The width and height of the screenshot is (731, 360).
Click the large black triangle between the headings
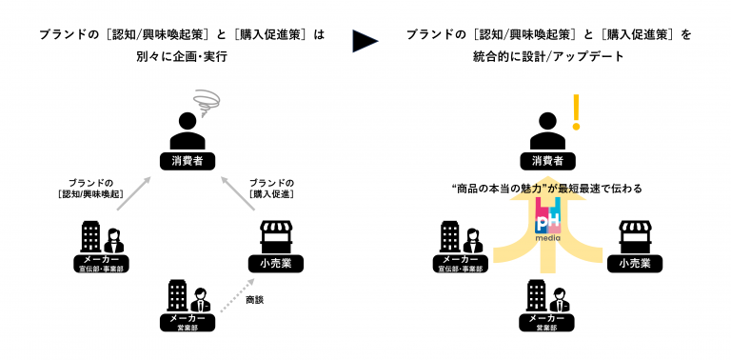coord(365,40)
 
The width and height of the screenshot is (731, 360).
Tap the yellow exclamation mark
coord(575,112)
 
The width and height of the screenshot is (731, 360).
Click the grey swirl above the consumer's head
coord(204,100)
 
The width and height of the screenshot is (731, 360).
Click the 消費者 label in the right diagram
coord(547,160)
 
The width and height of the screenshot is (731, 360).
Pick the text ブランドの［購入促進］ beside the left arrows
coord(271,189)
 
